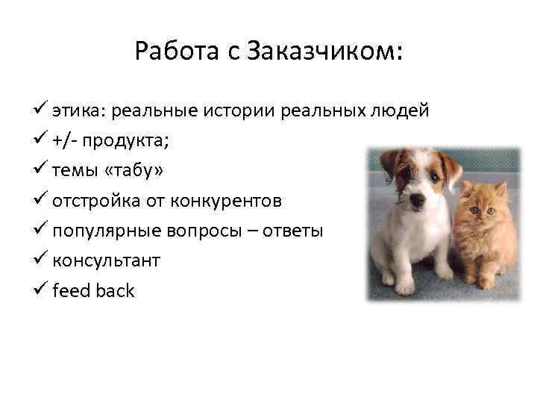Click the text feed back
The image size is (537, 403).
point(93,291)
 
